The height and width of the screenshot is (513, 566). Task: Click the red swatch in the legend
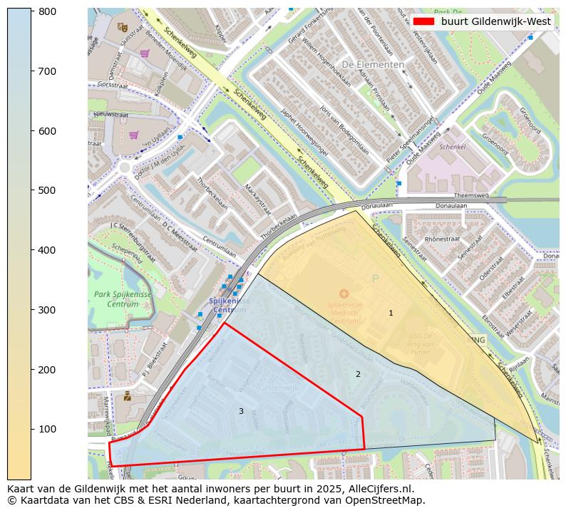[x=423, y=21]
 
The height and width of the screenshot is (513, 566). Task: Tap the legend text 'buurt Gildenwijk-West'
[x=495, y=21]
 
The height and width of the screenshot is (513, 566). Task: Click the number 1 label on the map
[x=391, y=313]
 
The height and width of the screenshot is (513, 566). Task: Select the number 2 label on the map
[x=358, y=374]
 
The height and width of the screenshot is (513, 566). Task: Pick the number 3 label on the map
[x=241, y=411]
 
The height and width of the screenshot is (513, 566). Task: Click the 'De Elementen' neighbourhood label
[x=373, y=64]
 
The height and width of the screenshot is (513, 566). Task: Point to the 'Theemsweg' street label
[x=471, y=195]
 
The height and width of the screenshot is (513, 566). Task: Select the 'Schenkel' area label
[x=452, y=147]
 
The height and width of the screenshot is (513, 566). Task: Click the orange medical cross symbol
[x=344, y=293]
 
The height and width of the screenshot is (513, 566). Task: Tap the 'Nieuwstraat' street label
[x=109, y=114]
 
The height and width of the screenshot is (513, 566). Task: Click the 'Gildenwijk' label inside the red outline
[x=279, y=388]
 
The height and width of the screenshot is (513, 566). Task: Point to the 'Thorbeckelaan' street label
[x=211, y=194]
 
